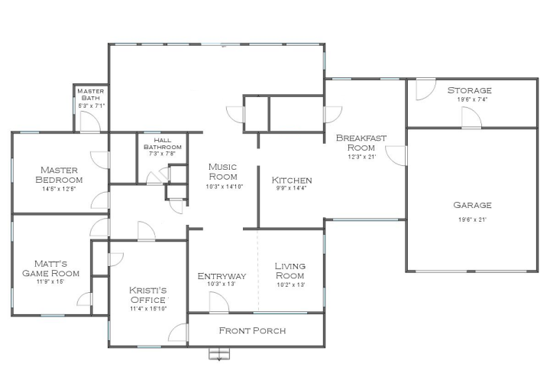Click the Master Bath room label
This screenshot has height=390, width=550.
tap(90, 94)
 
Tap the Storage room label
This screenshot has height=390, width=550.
tap(469, 90)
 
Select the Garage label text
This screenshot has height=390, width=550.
tap(472, 205)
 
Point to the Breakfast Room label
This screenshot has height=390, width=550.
tap(361, 143)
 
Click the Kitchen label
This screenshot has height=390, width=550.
tap(292, 180)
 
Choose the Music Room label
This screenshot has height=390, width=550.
tap(223, 171)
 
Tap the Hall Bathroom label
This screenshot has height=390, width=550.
tap(163, 144)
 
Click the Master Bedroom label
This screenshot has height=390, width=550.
tap(59, 175)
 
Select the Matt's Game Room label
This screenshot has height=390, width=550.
tap(51, 268)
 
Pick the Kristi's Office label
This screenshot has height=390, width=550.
tap(147, 295)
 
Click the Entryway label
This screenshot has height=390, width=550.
tap(222, 276)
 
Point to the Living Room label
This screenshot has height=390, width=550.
tap(290, 271)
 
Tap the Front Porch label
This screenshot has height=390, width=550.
tap(253, 330)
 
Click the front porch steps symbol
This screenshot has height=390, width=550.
tap(219, 354)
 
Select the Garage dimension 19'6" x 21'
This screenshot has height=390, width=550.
tap(472, 219)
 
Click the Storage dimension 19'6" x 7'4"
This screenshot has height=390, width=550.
tap(472, 99)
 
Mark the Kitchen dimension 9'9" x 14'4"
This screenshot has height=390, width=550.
tap(292, 188)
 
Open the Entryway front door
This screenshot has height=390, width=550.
tap(219, 302)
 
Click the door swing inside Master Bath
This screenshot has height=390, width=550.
tap(90, 122)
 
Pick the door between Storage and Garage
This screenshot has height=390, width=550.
tap(471, 117)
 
